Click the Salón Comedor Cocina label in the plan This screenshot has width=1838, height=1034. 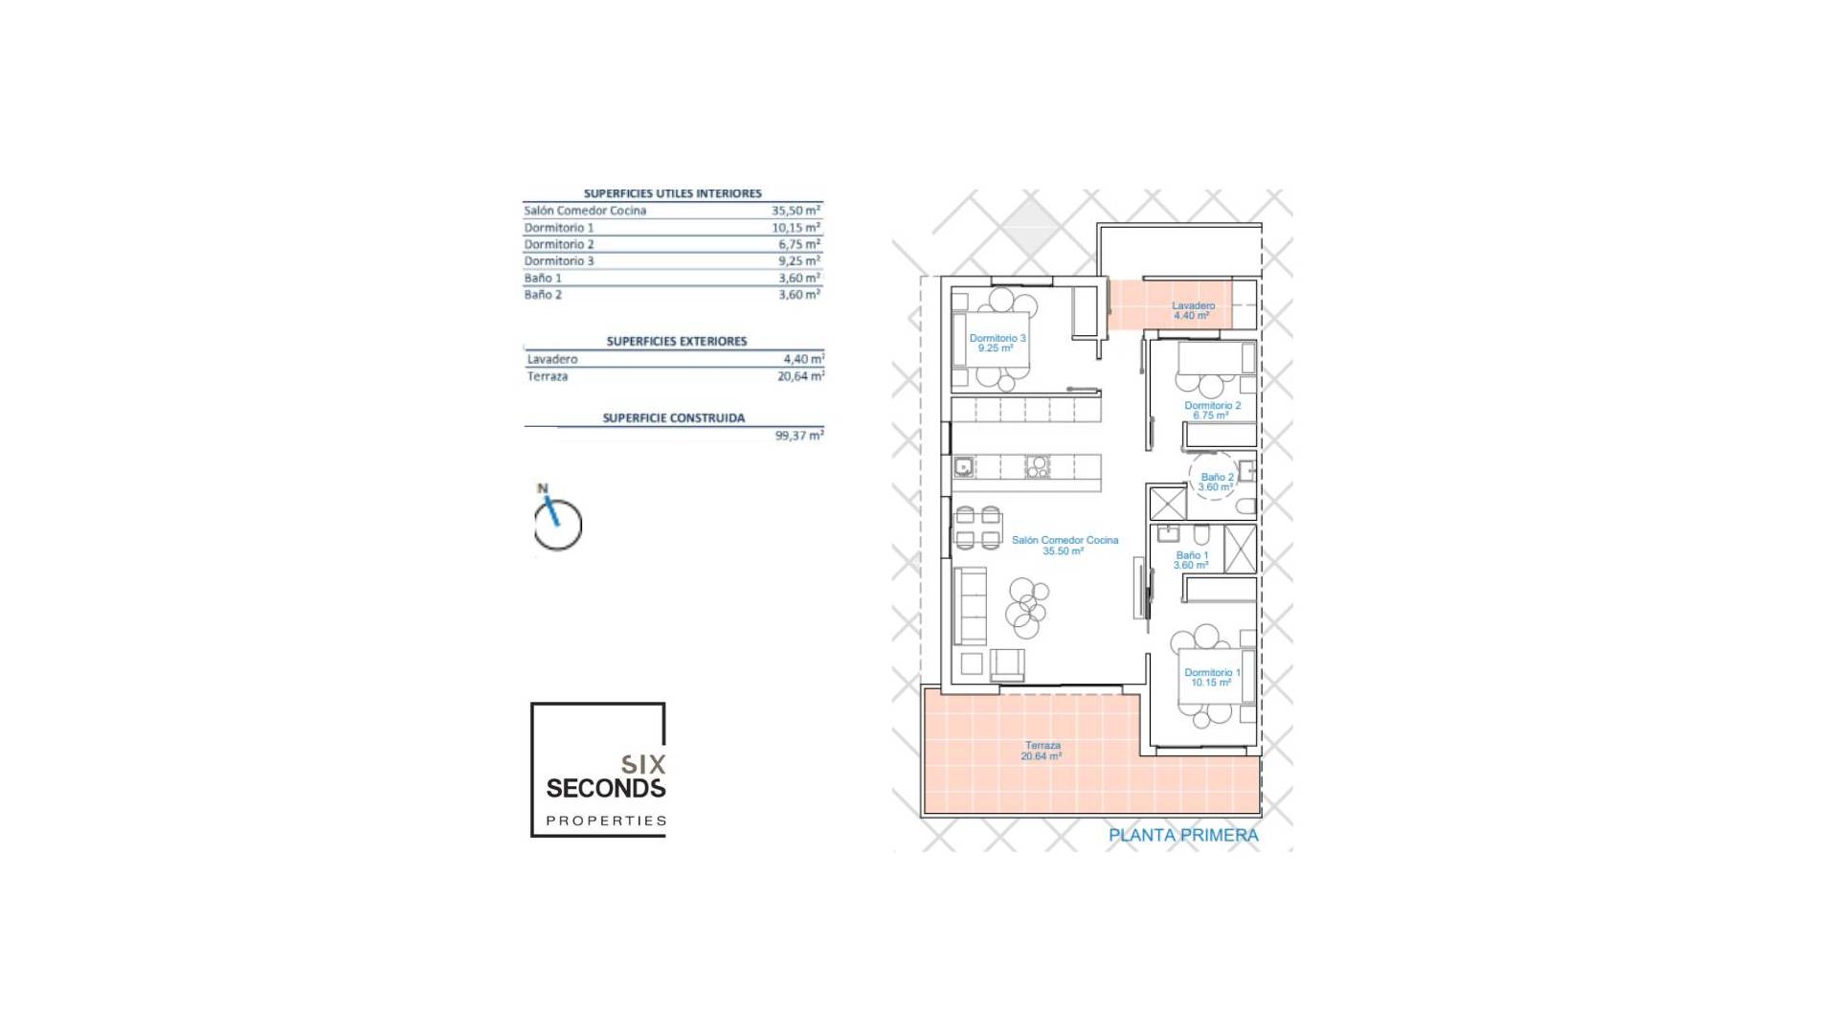click(x=1065, y=540)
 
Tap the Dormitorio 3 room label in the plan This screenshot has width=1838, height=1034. click(x=997, y=338)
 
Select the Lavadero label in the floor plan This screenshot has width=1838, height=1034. click(x=1193, y=305)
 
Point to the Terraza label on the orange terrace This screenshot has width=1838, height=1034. click(x=1042, y=745)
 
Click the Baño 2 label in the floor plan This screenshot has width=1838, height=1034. click(x=1217, y=477)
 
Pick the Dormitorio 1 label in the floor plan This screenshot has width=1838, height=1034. click(x=1211, y=672)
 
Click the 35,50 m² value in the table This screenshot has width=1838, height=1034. click(x=796, y=211)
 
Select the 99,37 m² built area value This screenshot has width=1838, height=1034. click(x=798, y=436)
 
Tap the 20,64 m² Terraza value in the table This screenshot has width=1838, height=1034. click(x=800, y=376)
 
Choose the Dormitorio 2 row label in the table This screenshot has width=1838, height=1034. click(x=559, y=244)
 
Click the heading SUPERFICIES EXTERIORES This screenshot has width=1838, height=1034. click(x=676, y=341)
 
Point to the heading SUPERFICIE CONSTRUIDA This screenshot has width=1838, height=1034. click(x=673, y=418)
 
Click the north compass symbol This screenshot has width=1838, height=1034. click(x=556, y=522)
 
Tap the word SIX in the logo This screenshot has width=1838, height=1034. click(x=642, y=764)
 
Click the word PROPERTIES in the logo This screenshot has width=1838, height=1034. click(x=605, y=820)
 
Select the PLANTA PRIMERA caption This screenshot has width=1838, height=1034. click(x=1183, y=835)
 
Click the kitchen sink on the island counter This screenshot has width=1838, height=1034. click(x=963, y=467)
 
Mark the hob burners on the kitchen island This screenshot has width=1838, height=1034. click(x=1038, y=467)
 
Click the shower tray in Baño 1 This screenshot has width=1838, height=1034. click(x=1240, y=549)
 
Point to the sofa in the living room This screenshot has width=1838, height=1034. click(x=970, y=605)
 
